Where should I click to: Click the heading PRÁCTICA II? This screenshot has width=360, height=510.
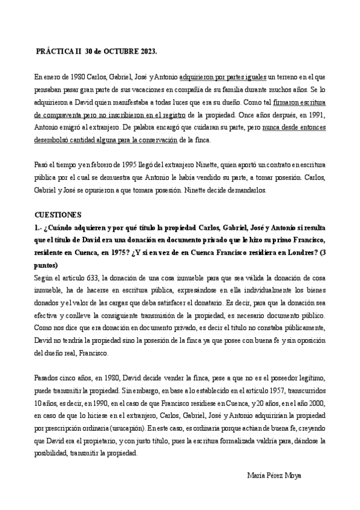tap(59, 52)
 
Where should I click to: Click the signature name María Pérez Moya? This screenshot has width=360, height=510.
tap(275, 475)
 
